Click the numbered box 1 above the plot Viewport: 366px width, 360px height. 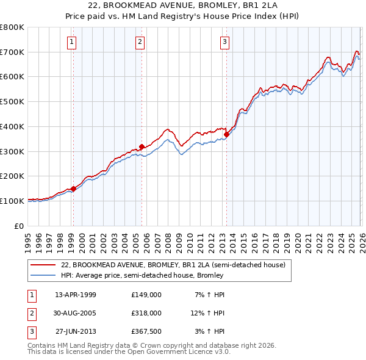pyautogui.click(x=72, y=41)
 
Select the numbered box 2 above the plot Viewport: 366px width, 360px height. pyautogui.click(x=140, y=41)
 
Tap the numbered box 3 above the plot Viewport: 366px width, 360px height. pyautogui.click(x=224, y=41)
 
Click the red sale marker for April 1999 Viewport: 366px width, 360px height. pyautogui.click(x=73, y=189)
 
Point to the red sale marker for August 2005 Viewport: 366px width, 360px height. pyautogui.click(x=142, y=146)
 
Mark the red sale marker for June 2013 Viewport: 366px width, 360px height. pyautogui.click(x=226, y=134)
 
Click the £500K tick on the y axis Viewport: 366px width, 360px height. pyautogui.click(x=12, y=101)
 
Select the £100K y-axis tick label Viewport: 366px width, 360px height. pyautogui.click(x=12, y=201)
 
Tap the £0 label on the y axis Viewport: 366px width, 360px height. pyautogui.click(x=19, y=226)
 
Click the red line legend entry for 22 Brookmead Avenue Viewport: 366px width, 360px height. pyautogui.click(x=173, y=265)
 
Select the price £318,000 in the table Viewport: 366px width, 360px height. pyautogui.click(x=146, y=313)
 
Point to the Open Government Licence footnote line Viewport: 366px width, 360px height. pyautogui.click(x=129, y=352)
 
